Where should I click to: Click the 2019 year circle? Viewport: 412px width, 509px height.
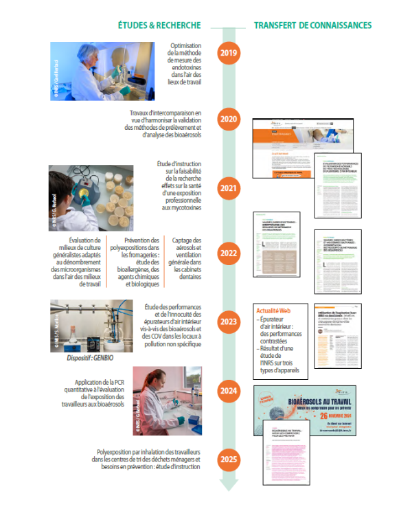point(228,53)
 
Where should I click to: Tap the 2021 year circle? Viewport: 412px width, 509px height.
point(228,186)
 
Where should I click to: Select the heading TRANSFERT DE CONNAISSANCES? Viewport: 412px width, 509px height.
point(312,25)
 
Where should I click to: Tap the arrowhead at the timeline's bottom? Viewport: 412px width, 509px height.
point(228,485)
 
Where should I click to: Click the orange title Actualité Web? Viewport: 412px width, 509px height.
point(275,309)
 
